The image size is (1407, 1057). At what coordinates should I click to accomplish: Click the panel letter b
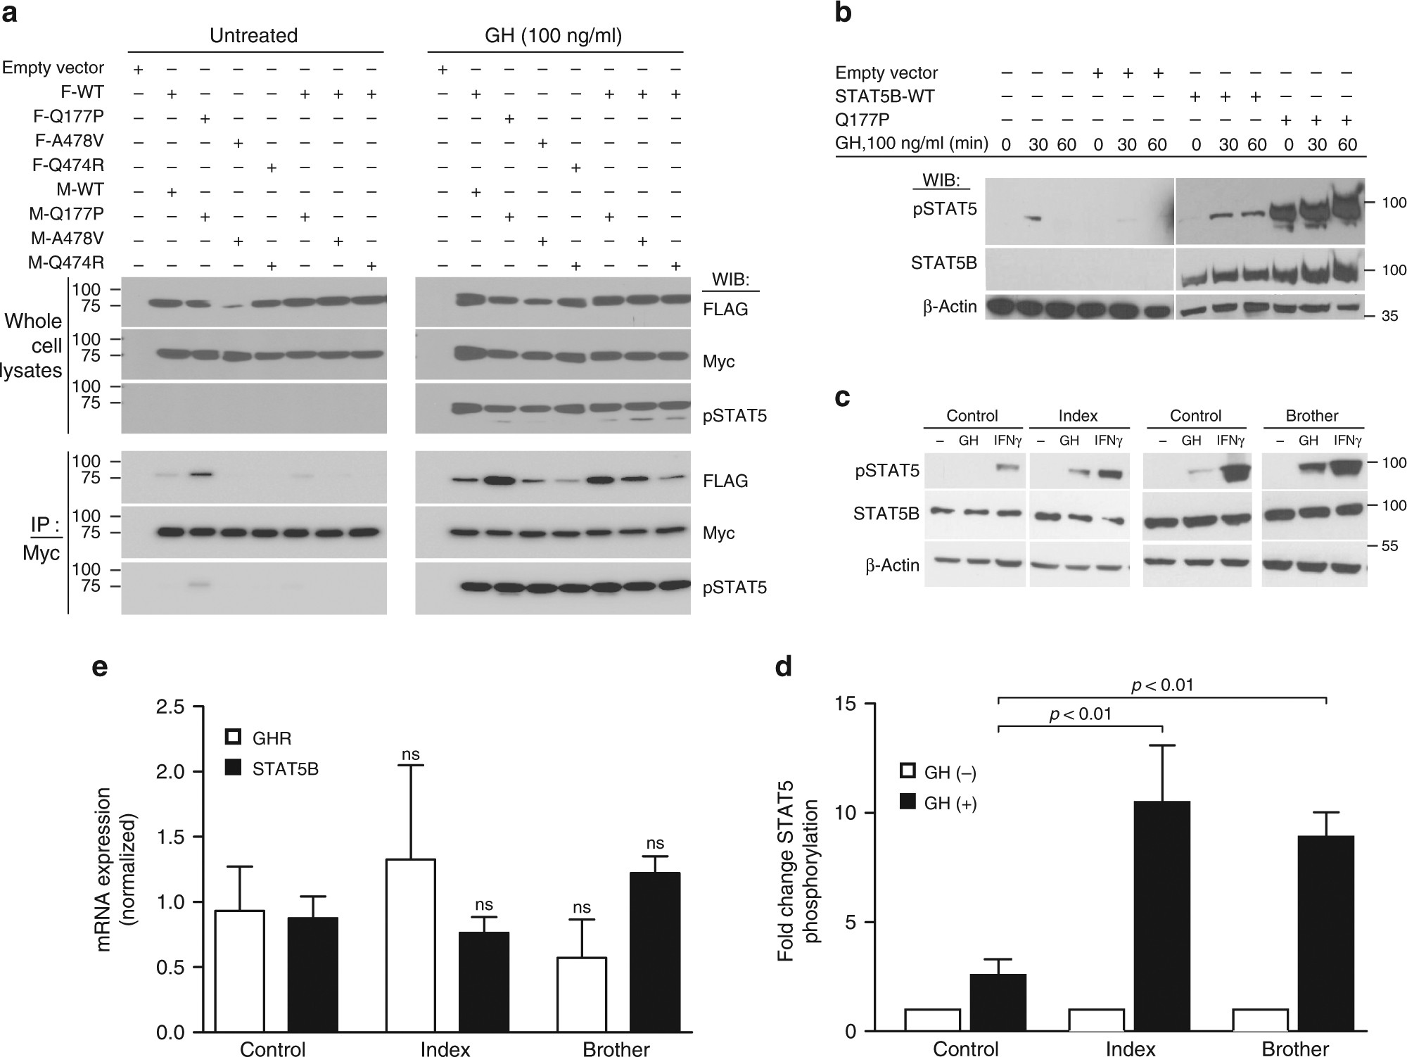coord(843,14)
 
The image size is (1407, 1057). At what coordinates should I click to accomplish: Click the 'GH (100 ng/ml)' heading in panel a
coord(554,36)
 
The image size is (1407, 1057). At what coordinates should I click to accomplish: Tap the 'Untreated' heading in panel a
coord(253,36)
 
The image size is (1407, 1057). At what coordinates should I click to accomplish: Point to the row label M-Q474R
coord(66,262)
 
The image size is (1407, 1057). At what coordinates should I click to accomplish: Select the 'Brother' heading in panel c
coord(1312,415)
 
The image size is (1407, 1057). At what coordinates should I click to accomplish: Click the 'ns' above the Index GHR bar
coord(410,755)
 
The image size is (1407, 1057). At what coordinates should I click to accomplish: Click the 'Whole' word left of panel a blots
coord(33,321)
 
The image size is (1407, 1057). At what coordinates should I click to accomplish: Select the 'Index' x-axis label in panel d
coord(1131,1049)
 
